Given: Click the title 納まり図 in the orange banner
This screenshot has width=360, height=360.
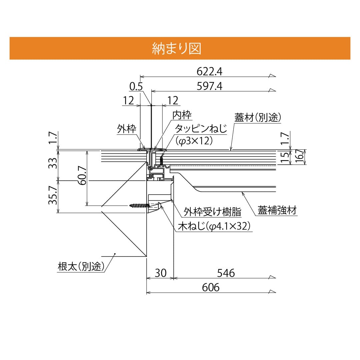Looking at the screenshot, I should (x=176, y=48).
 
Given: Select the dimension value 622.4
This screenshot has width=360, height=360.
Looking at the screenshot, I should (x=209, y=71).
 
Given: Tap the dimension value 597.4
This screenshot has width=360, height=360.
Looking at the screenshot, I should (x=209, y=86).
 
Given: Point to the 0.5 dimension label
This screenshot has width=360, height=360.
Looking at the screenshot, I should (x=136, y=87).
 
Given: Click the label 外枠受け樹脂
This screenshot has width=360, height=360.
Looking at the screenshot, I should (x=213, y=212).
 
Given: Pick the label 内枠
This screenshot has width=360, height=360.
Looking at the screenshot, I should (x=182, y=115).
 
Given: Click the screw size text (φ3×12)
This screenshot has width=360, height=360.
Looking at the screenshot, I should (x=194, y=141).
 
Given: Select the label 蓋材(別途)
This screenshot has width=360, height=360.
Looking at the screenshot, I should (x=259, y=118).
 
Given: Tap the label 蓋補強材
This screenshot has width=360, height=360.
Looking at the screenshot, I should (x=277, y=210).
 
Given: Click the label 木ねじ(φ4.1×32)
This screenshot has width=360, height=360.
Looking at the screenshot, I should (x=214, y=227).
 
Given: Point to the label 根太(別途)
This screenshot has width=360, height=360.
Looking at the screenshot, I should (x=81, y=266).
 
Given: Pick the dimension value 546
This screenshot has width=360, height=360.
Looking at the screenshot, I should (x=226, y=273).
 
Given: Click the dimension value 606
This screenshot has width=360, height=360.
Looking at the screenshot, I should (x=211, y=287).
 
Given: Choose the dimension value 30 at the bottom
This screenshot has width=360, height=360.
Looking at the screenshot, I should (x=160, y=273).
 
